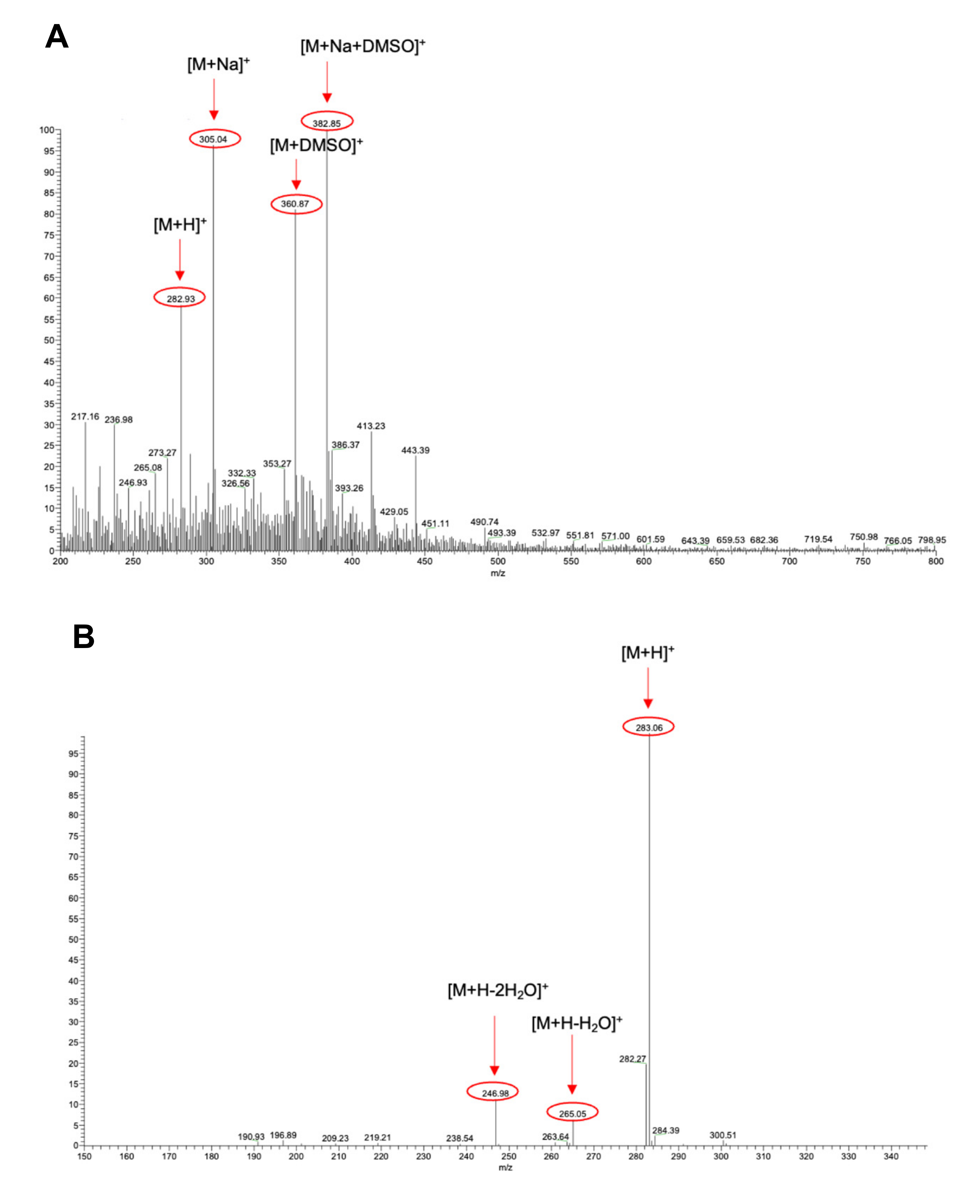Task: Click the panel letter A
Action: point(57,37)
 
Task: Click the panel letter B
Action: point(83,637)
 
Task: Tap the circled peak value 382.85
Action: point(327,123)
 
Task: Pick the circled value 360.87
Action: point(296,204)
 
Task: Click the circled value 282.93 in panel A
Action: point(180,298)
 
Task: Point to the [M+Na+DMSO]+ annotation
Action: point(363,46)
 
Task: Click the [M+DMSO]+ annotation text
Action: point(316,146)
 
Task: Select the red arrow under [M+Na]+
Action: point(214,99)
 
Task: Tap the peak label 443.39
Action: point(415,450)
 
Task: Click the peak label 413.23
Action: point(371,426)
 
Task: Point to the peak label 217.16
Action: point(85,417)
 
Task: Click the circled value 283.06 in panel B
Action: point(649,727)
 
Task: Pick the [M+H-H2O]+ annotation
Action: point(576,1024)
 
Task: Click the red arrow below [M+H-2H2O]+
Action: point(494,1046)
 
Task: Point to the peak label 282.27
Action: point(632,1059)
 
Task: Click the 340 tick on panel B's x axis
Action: point(891,1156)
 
